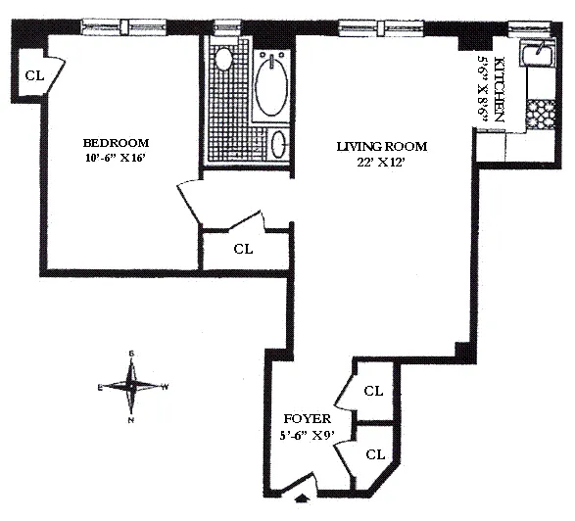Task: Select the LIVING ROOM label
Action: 382,147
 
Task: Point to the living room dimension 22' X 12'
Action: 382,163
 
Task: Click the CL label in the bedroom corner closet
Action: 34,75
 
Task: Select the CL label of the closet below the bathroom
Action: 243,249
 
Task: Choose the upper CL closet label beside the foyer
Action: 373,391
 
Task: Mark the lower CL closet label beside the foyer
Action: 373,454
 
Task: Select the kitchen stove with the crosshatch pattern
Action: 540,117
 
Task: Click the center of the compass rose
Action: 131,386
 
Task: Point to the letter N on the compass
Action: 131,420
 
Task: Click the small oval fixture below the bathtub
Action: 279,143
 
